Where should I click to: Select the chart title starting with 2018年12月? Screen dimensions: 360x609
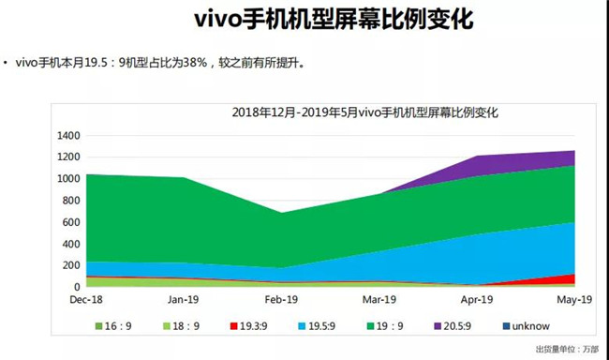(364, 112)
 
